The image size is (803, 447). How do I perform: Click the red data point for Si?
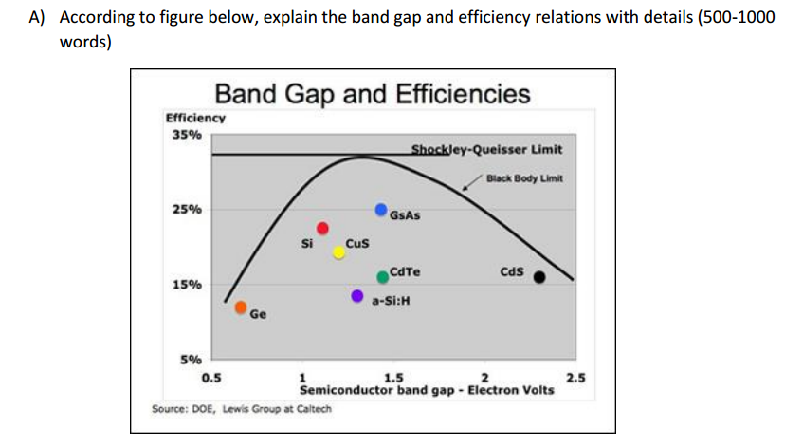coord(322,228)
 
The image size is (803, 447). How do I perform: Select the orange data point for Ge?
coord(242,307)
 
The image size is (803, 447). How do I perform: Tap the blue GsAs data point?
coord(381,208)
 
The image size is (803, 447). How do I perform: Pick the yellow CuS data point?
coord(339,252)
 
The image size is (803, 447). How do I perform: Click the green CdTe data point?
coord(382,276)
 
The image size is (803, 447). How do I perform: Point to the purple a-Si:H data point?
coord(357,296)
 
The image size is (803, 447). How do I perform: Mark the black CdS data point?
coord(539,277)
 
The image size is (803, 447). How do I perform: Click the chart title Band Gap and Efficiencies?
coord(373,94)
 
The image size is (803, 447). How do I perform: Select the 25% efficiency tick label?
coord(186,209)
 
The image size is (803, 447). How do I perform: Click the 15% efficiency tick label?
coord(186,285)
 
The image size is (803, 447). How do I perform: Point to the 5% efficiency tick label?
coord(190,360)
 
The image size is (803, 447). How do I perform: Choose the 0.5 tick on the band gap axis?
coord(210,379)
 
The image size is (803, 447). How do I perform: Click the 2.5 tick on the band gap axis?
coord(575,379)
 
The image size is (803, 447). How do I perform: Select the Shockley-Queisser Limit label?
coord(486,149)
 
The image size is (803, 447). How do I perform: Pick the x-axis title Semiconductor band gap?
coord(427,390)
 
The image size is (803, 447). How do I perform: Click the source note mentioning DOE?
coord(234,409)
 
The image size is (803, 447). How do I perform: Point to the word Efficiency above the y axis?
coord(195,118)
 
